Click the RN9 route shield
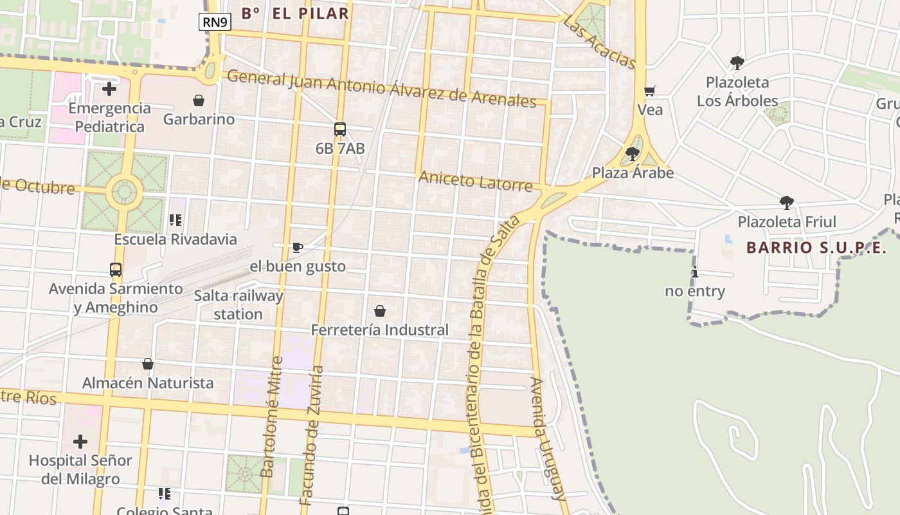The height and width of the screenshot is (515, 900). [x=215, y=23]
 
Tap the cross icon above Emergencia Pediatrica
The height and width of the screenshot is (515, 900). [x=109, y=88]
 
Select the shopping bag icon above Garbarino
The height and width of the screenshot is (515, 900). [x=199, y=100]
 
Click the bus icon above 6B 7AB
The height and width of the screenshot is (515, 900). [x=340, y=129]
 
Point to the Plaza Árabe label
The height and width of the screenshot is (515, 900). [x=633, y=173]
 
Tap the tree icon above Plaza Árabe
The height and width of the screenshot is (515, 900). [x=633, y=154]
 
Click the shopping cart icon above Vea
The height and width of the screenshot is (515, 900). [x=650, y=91]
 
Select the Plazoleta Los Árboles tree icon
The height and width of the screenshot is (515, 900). [x=737, y=63]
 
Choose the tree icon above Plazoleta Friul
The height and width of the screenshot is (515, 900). [x=787, y=203]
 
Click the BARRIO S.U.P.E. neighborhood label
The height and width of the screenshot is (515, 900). [x=816, y=248]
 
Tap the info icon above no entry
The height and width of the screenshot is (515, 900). [x=695, y=272]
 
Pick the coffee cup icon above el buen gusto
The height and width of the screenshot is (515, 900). [x=297, y=247]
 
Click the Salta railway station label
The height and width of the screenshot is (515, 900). [x=239, y=305]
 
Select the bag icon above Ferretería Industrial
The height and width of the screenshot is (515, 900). [x=380, y=312]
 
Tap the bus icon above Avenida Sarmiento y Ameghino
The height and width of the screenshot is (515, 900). [x=116, y=270]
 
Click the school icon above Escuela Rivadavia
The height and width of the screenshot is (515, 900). [x=175, y=220]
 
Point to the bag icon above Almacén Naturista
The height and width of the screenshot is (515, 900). [x=148, y=364]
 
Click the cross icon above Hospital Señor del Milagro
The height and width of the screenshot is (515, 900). [x=80, y=442]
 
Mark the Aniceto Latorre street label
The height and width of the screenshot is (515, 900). [x=476, y=181]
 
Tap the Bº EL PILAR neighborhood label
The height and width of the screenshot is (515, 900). [x=295, y=13]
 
